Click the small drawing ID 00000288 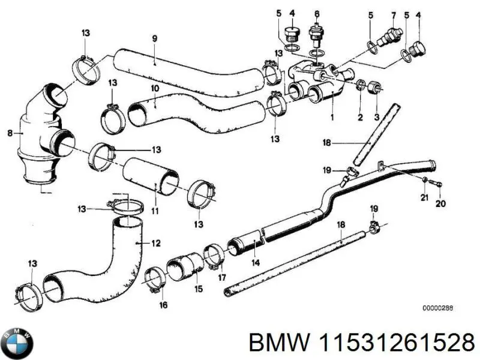pos(437,308)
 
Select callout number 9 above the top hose pos(154,39)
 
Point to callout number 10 pos(154,89)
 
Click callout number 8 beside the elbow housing pos(10,133)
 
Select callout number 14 pos(255,262)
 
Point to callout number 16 pos(164,305)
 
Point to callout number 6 pos(317,13)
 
